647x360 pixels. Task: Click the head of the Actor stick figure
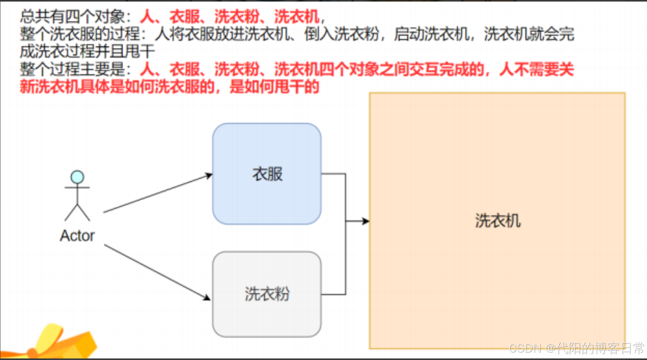pyautogui.click(x=77, y=177)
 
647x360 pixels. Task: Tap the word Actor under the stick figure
pyautogui.click(x=77, y=236)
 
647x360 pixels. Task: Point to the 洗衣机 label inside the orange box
pyautogui.click(x=498, y=221)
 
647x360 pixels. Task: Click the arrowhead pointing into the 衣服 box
pyautogui.click(x=209, y=176)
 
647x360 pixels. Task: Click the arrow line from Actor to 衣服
pyautogui.click(x=156, y=194)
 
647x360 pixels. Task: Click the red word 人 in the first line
pyautogui.click(x=147, y=17)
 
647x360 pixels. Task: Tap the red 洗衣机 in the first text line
pyautogui.click(x=297, y=17)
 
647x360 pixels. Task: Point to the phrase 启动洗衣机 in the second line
pyautogui.click(x=431, y=34)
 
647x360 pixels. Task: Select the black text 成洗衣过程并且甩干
pyautogui.click(x=87, y=51)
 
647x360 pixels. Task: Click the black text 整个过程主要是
pyautogui.click(x=73, y=69)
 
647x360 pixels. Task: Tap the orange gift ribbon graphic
pyautogui.click(x=58, y=343)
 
